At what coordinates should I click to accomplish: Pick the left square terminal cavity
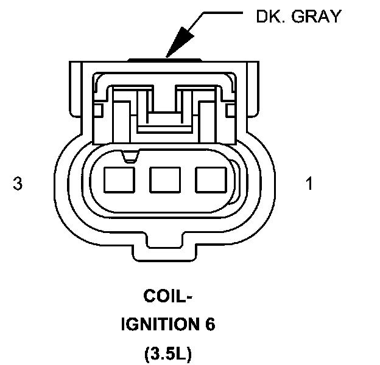pyautogui.click(x=118, y=180)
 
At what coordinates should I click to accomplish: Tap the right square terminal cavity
pyautogui.click(x=208, y=180)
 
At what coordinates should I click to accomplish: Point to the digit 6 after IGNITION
pyautogui.click(x=210, y=324)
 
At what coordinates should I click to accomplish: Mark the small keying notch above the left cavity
pyautogui.click(x=129, y=158)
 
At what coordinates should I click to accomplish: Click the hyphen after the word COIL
pyautogui.click(x=189, y=298)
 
